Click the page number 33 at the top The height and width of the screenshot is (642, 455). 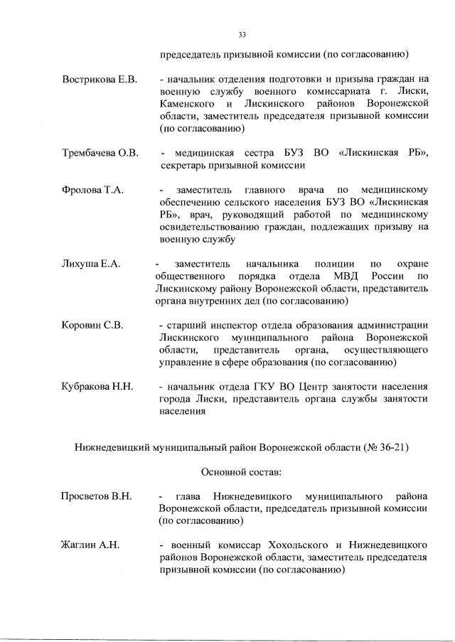pyautogui.click(x=242, y=34)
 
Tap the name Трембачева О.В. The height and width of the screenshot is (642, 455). pyautogui.click(x=100, y=153)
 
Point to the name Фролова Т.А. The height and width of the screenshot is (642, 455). pyautogui.click(x=92, y=191)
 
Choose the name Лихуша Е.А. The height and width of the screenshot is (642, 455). pyautogui.click(x=91, y=264)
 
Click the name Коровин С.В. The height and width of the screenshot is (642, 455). pyautogui.click(x=93, y=325)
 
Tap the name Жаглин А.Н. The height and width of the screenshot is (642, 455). pyautogui.click(x=90, y=545)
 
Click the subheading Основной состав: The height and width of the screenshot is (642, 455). pyautogui.click(x=241, y=472)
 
